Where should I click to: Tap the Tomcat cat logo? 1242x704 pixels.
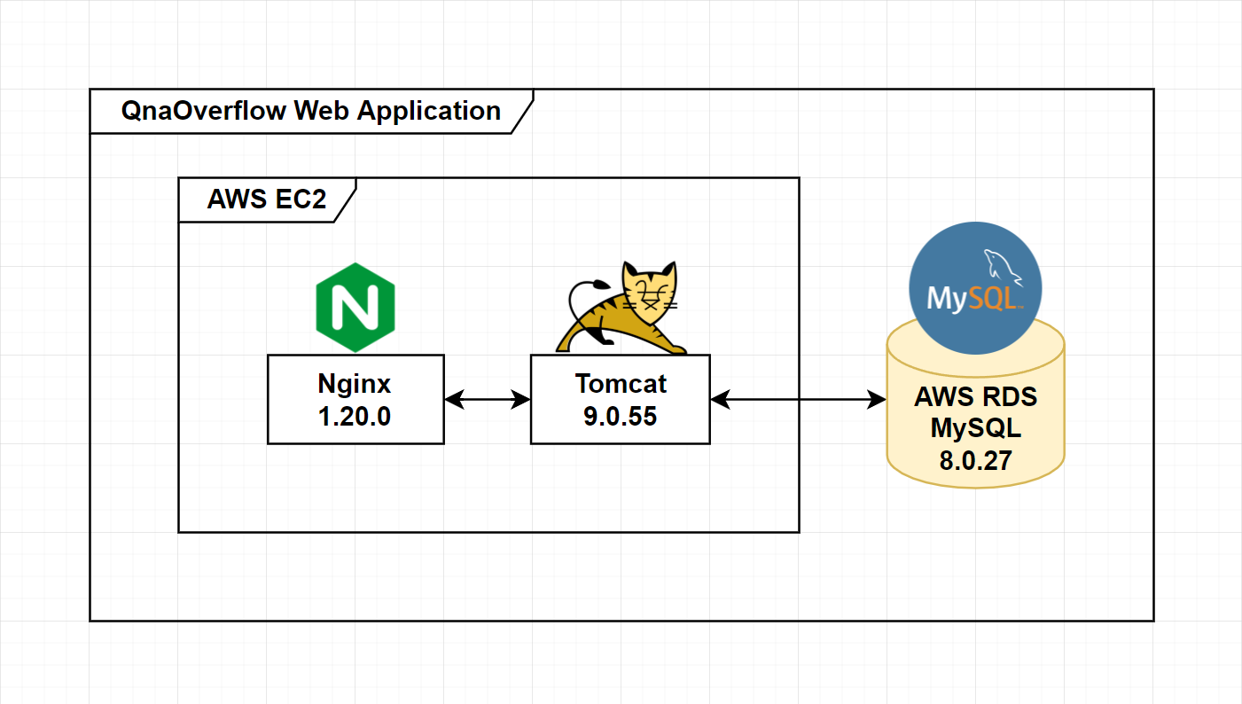(625, 310)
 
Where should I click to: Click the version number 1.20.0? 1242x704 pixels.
(355, 415)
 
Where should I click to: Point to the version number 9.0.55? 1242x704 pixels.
(621, 415)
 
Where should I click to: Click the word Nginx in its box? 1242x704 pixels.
(355, 384)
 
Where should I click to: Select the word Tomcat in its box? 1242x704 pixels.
(621, 384)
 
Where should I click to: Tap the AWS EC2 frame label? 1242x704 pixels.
(267, 199)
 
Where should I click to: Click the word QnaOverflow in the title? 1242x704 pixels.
(204, 111)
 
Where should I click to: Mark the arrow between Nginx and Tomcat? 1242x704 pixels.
(487, 400)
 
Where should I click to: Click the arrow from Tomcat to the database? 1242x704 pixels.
(798, 401)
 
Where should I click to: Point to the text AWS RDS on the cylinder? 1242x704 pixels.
(975, 396)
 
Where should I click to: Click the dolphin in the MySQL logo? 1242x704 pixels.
(1001, 267)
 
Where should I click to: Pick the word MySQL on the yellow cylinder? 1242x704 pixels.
(975, 427)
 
